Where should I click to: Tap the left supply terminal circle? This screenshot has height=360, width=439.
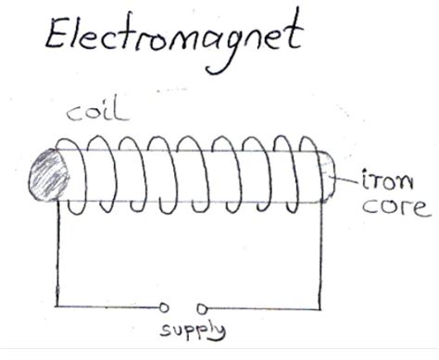pos(164,306)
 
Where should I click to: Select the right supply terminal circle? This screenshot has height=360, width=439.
pos(202,306)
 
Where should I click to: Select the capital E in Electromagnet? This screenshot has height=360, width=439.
pos(56,39)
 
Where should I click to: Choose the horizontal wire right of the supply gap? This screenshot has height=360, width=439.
pos(264,306)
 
